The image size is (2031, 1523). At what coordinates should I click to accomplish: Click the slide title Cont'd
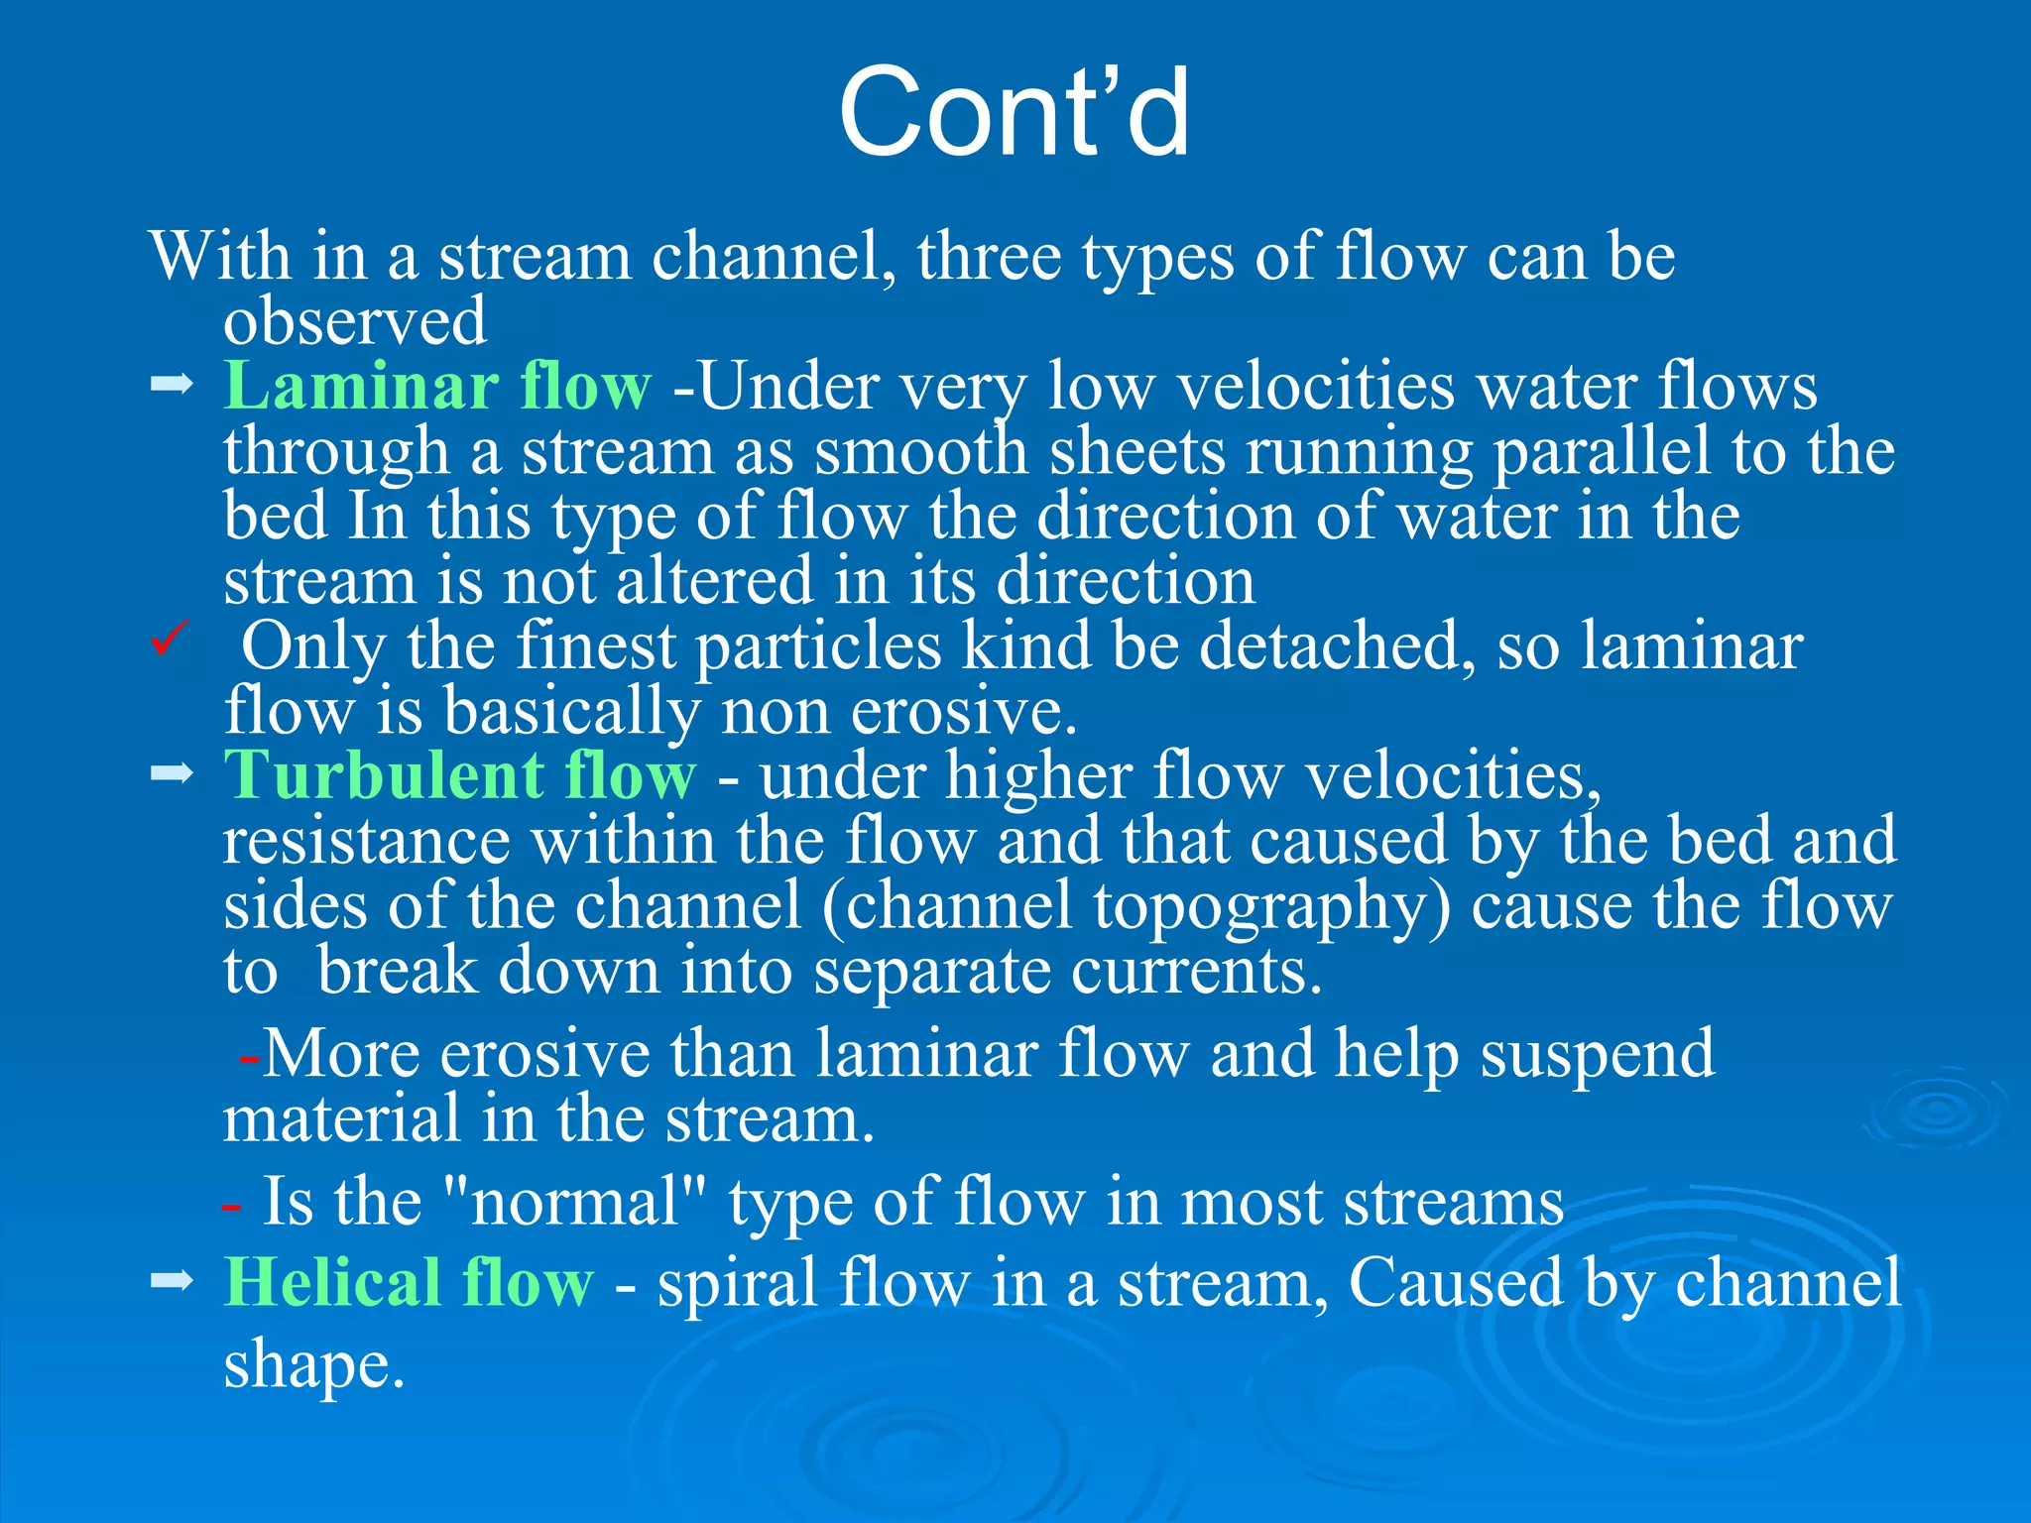click(x=1014, y=111)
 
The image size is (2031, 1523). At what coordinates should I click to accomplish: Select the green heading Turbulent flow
click(x=459, y=774)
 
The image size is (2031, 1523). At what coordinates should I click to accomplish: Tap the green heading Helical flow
click(x=409, y=1282)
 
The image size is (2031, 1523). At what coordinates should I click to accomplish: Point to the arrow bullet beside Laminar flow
click(x=171, y=384)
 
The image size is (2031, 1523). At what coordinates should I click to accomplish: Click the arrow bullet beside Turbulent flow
click(x=171, y=772)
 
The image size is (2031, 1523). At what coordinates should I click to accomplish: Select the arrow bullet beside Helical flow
click(x=171, y=1281)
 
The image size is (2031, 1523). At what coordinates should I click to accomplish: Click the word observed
click(x=355, y=321)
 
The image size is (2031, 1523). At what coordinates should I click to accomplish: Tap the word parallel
click(x=1602, y=451)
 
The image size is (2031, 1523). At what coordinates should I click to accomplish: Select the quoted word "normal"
click(x=574, y=1202)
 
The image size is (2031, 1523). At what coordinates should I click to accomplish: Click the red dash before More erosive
click(x=249, y=1059)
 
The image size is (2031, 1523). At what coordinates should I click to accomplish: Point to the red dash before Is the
click(x=231, y=1207)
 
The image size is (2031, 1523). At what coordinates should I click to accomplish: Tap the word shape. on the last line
click(x=314, y=1365)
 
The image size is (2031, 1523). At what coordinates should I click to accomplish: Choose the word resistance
click(x=366, y=841)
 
